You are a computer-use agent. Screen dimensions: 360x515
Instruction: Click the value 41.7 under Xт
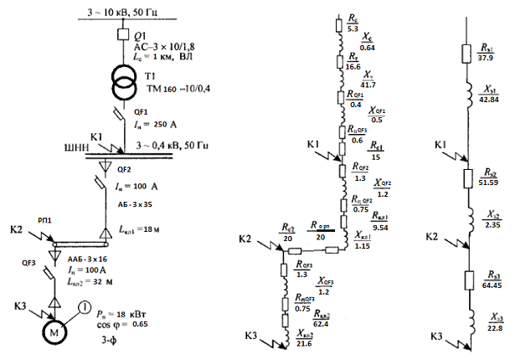[x=368, y=85]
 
